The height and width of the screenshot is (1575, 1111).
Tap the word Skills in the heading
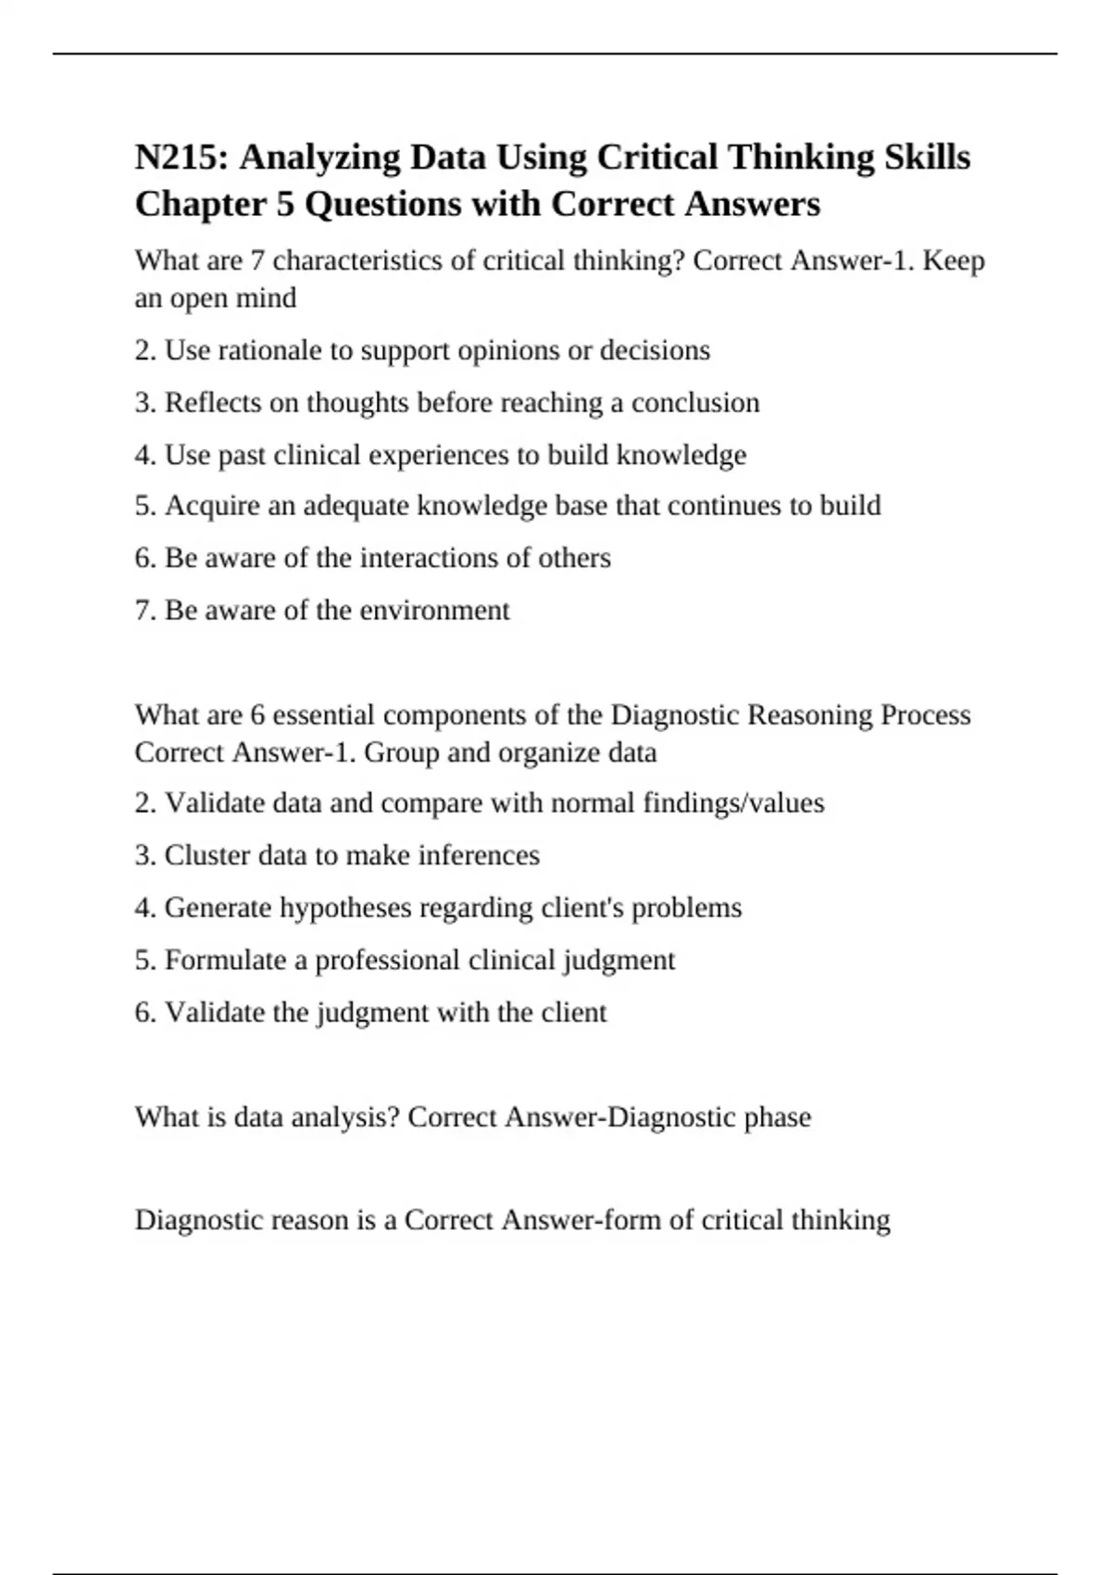click(x=926, y=157)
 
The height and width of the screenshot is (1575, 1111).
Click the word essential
click(x=323, y=715)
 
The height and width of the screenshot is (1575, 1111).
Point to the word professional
click(x=387, y=961)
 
